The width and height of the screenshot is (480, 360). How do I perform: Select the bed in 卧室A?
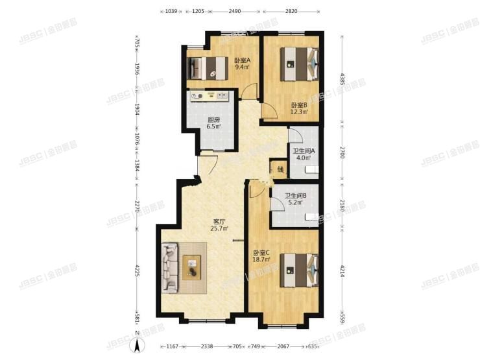click(207, 67)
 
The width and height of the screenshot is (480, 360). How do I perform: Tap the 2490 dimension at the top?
click(235, 11)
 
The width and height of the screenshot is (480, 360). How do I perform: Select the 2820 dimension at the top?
click(291, 11)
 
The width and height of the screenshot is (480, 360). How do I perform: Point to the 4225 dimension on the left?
click(138, 271)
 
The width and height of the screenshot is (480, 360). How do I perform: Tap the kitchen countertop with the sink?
click(210, 96)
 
